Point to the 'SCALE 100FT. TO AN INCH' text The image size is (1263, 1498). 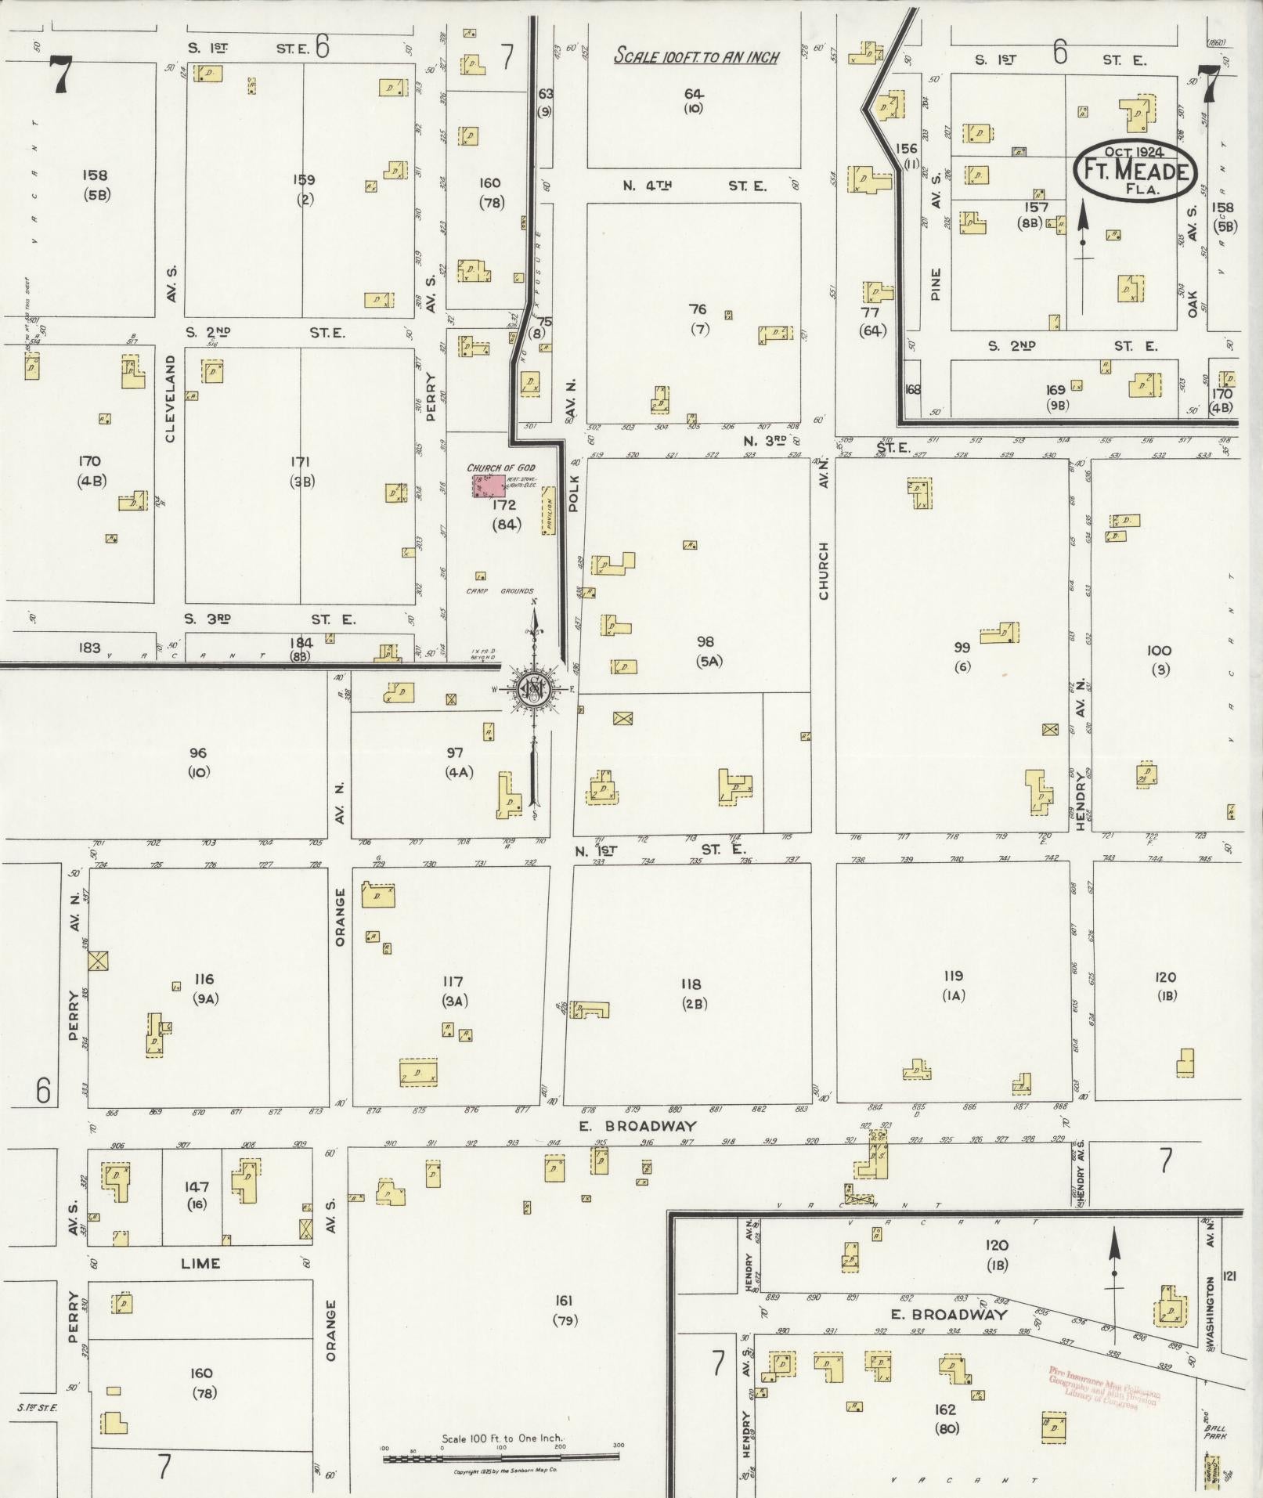[x=696, y=56]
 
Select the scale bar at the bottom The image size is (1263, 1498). [x=501, y=1456]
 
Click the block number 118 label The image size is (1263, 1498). [x=690, y=984]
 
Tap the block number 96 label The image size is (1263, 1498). [x=198, y=753]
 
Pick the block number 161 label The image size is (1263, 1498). [x=563, y=1301]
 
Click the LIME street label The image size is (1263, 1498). [x=200, y=1264]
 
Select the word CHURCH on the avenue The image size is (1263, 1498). [x=824, y=571]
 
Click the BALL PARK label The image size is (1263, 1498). [x=1215, y=1433]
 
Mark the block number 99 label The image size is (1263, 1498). [x=962, y=647]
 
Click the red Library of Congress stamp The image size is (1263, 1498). [x=1105, y=1385]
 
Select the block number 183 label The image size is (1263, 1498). [x=89, y=647]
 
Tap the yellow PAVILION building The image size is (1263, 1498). [x=548, y=510]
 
